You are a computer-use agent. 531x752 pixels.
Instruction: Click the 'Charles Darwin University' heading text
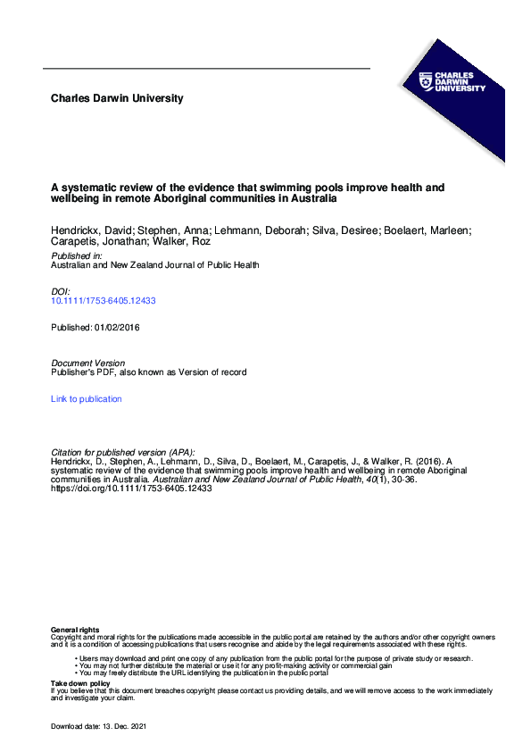pyautogui.click(x=117, y=98)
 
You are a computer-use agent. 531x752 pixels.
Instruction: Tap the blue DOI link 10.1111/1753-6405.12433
pyautogui.click(x=104, y=301)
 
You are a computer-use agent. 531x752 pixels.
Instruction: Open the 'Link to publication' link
pyautogui.click(x=87, y=399)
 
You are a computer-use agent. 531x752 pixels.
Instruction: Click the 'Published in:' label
pyautogui.click(x=76, y=255)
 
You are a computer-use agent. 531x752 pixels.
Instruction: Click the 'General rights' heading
pyautogui.click(x=75, y=631)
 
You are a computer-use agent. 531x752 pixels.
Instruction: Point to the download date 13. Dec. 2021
pyautogui.click(x=119, y=728)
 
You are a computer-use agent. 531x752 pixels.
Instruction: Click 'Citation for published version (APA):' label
pyautogui.click(x=122, y=453)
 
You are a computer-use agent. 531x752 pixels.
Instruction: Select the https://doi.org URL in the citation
pyautogui.click(x=131, y=489)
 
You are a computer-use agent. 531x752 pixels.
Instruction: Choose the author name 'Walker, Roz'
pyautogui.click(x=156, y=241)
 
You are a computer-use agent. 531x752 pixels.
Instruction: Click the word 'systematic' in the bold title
pyautogui.click(x=91, y=188)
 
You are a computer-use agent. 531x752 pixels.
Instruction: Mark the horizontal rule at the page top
pyautogui.click(x=206, y=69)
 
